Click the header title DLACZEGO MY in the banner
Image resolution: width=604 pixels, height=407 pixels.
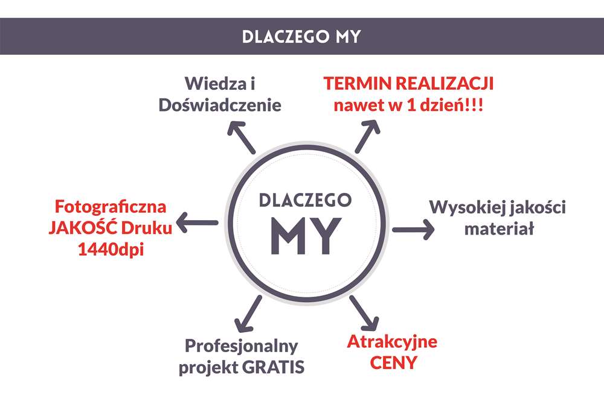[301, 37]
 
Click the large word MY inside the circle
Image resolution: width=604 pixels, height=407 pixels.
[306, 236]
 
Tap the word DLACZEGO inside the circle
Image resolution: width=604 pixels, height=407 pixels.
[305, 200]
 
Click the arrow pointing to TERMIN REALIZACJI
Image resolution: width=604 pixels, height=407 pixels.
[367, 136]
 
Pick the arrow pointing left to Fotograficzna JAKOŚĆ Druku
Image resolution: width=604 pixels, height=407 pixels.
[198, 222]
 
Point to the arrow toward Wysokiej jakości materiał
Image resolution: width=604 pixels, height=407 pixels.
[413, 230]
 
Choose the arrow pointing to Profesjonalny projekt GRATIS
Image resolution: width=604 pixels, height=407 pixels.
[248, 314]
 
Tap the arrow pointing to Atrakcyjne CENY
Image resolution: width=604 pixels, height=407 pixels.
[364, 314]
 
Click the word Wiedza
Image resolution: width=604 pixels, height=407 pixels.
[214, 83]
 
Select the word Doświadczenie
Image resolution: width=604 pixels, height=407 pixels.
[220, 105]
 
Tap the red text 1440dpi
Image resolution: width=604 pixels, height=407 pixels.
[111, 250]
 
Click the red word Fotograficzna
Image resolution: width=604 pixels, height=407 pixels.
[111, 207]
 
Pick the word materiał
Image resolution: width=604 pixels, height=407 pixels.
[500, 229]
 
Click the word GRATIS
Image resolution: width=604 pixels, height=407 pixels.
[273, 367]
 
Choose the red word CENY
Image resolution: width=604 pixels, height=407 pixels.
[393, 363]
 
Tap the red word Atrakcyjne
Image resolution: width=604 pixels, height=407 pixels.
[392, 342]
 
